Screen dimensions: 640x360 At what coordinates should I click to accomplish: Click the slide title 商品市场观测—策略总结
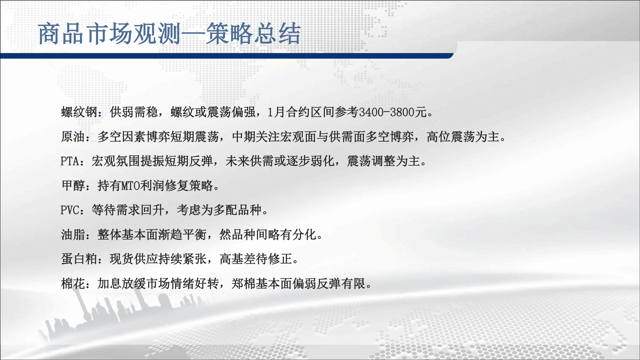pyautogui.click(x=169, y=33)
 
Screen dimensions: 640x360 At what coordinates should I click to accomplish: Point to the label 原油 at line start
pyautogui.click(x=73, y=137)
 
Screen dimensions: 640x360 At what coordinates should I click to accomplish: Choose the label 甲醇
pyautogui.click(x=73, y=186)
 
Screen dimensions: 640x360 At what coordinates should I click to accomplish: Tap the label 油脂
pyautogui.click(x=73, y=235)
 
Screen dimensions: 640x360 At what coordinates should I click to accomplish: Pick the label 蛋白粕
pyautogui.click(x=79, y=259)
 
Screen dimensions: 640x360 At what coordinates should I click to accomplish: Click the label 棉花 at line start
pyautogui.click(x=73, y=284)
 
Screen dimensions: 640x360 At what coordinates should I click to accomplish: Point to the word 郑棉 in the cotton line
pyautogui.click(x=244, y=284)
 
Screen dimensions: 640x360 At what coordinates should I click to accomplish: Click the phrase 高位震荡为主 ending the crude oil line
pyautogui.click(x=463, y=137)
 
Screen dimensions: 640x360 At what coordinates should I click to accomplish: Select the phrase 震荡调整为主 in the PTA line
pyautogui.click(x=384, y=161)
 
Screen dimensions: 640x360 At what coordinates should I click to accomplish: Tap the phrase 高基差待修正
pyautogui.click(x=256, y=259)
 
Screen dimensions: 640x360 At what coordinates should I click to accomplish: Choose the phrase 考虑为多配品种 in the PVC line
pyautogui.click(x=219, y=210)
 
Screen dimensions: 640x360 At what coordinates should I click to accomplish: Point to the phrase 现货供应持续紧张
pyautogui.click(x=158, y=259)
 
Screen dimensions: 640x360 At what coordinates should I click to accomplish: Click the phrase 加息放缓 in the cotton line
pyautogui.click(x=122, y=284)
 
